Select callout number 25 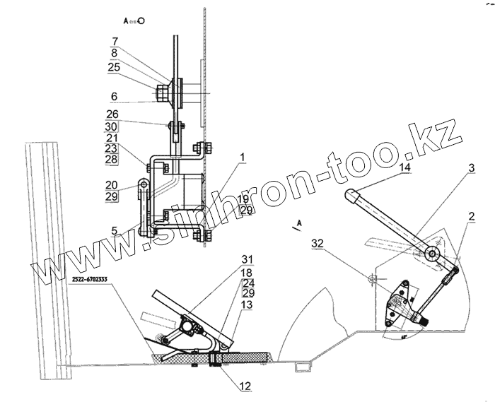pyautogui.click(x=115, y=66)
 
